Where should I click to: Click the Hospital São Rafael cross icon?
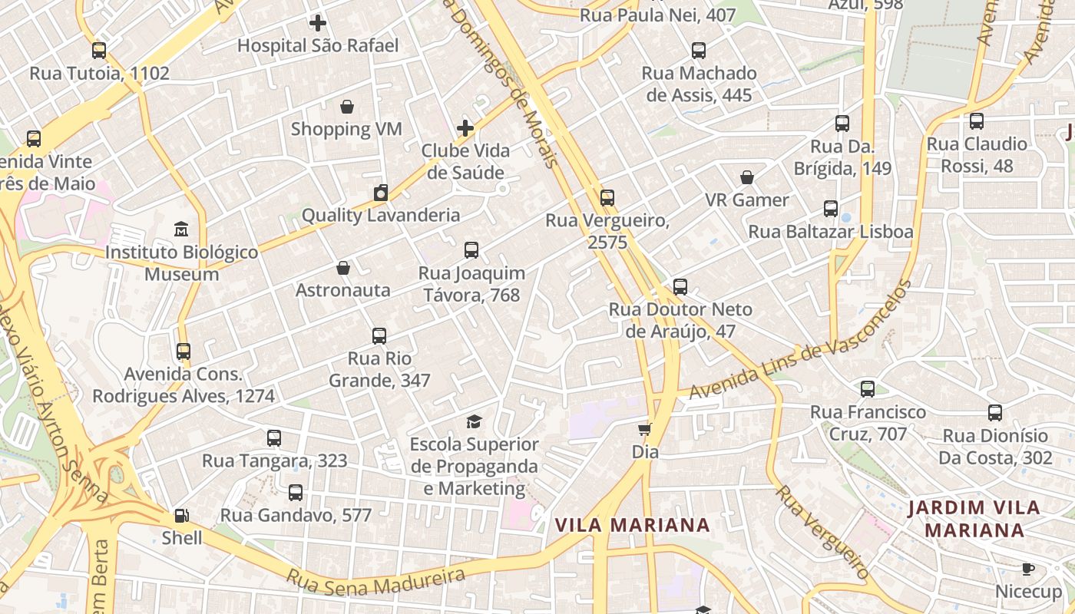[317, 23]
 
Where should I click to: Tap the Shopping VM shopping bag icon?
[347, 107]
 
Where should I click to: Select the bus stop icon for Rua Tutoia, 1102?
[99, 51]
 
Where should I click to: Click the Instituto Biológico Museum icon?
[181, 229]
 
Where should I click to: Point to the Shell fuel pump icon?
[182, 516]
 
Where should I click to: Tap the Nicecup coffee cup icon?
[1028, 569]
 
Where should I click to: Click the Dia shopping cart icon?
[645, 429]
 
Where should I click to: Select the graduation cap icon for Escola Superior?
[475, 421]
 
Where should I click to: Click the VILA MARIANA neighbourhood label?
[632, 525]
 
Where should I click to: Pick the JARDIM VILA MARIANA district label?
[974, 519]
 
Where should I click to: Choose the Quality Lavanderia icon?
[381, 193]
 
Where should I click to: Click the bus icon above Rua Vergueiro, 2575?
[607, 198]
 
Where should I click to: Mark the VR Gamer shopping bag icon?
[747, 178]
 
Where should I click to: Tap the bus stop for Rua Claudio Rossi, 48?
[977, 121]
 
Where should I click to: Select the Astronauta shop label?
[343, 290]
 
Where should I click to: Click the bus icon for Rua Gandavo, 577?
[296, 493]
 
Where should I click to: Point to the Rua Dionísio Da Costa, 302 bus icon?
[995, 413]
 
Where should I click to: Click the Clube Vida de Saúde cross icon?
[465, 128]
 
